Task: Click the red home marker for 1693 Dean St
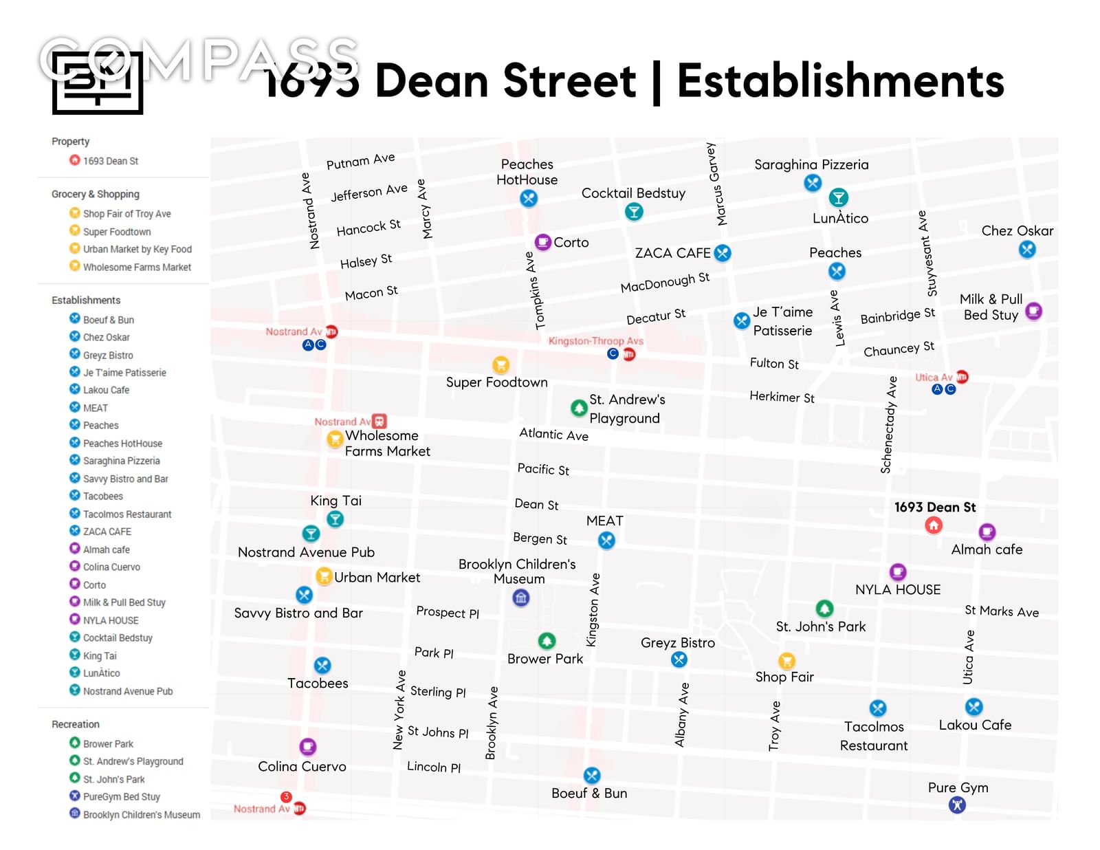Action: click(933, 525)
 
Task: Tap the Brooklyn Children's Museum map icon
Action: click(521, 598)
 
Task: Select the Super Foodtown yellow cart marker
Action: click(501, 364)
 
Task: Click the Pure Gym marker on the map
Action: click(957, 805)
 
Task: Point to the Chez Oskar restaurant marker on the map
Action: click(1027, 250)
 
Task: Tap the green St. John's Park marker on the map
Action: click(824, 609)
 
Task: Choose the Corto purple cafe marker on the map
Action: click(542, 242)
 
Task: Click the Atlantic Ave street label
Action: click(553, 434)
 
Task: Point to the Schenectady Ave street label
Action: click(889, 424)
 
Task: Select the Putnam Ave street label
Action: click(360, 161)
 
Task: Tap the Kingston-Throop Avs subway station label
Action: click(595, 340)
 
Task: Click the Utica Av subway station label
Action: click(933, 377)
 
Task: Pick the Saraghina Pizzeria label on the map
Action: click(811, 164)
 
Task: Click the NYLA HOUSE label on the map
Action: click(897, 589)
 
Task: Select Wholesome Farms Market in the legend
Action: click(137, 267)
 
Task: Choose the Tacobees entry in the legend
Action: click(103, 496)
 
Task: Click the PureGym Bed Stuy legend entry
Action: click(121, 796)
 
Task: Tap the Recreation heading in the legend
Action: click(76, 724)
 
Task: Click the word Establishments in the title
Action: click(840, 81)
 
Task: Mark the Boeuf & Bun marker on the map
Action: click(592, 776)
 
